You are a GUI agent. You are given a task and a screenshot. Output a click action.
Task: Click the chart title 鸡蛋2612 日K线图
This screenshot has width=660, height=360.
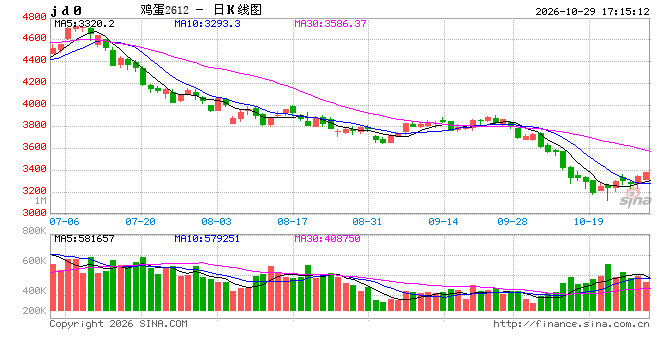pos(201,10)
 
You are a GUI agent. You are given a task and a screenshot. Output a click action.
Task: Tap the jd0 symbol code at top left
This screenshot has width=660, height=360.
pos(66,11)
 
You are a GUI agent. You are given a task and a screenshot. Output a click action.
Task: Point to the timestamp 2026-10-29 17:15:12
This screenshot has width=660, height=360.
pos(592,11)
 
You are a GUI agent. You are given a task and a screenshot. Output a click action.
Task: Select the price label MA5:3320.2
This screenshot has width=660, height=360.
pos(84,24)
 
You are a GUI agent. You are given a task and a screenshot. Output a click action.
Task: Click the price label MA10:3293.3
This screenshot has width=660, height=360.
pos(207,24)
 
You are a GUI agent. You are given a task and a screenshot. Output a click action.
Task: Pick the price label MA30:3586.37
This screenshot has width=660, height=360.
pos(330,24)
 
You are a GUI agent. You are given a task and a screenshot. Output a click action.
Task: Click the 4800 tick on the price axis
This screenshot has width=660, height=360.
pos(34,17)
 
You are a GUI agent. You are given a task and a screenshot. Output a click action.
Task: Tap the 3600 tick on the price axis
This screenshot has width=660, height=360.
pos(34,147)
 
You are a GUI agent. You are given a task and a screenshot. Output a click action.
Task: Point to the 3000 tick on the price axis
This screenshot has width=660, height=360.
pos(34,213)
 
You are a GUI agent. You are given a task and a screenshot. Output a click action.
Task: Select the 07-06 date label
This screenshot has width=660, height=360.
pos(64,222)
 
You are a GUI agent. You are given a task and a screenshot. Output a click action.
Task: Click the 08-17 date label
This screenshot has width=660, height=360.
pos(292,222)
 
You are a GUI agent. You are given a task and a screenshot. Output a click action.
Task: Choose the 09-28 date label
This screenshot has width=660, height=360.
pos(512,222)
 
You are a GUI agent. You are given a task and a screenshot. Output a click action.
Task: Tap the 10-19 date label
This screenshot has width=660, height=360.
pos(588,222)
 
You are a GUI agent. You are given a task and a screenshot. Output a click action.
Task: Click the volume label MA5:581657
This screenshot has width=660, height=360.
pos(84,239)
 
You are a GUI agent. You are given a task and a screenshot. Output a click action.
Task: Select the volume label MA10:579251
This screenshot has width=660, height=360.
pos(207,239)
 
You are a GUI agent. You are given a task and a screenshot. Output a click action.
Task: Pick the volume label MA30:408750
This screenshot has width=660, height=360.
pos(327,239)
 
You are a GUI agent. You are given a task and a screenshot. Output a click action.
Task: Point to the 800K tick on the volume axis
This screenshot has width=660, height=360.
pos(34,231)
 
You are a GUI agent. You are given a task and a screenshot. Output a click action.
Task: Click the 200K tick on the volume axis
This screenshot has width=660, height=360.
pos(34,311)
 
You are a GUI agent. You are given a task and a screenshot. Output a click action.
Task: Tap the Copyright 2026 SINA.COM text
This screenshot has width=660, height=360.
pos(119,324)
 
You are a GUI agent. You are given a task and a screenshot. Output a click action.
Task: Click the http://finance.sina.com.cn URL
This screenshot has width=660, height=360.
pos(571,324)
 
